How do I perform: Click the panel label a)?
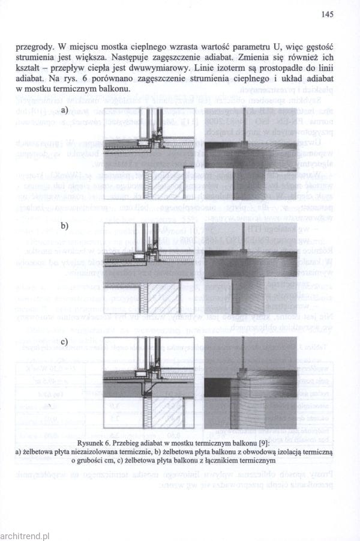[65, 110]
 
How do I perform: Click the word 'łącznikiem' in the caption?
[227, 461]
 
